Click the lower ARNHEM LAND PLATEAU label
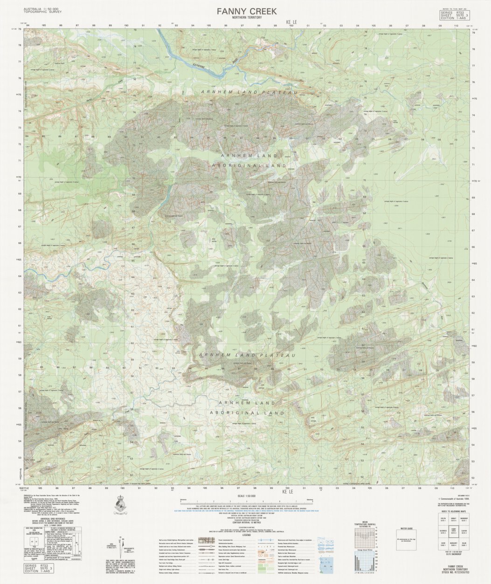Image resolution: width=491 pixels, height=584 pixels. pos(247,355)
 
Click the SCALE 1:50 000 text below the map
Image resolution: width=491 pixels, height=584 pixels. pos(247,497)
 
